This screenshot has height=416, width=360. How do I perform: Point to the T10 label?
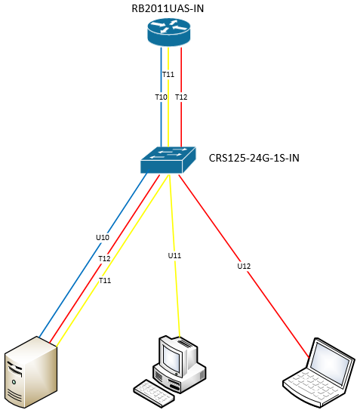pyautogui.click(x=161, y=97)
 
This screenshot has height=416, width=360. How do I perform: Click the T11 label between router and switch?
pyautogui.click(x=168, y=74)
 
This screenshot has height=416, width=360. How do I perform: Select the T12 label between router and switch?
pyautogui.click(x=181, y=97)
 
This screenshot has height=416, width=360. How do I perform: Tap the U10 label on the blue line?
pyautogui.click(x=103, y=237)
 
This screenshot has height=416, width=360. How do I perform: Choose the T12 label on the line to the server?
pyautogui.click(x=104, y=258)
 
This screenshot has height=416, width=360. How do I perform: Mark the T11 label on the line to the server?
pyautogui.click(x=106, y=280)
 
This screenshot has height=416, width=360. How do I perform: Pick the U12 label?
pyautogui.click(x=243, y=266)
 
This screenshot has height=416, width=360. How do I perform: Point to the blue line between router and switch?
pyautogui.click(x=160, y=121)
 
